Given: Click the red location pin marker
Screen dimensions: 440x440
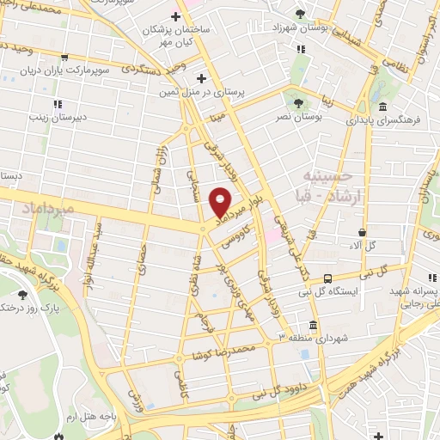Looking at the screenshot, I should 220,201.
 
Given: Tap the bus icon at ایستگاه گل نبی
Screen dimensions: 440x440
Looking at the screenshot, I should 328,278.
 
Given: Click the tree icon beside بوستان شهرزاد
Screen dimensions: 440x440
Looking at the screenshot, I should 299,14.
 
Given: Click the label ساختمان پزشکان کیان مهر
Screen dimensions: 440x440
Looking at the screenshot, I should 176,35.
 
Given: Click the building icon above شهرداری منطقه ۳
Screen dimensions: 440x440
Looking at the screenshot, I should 311,325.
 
